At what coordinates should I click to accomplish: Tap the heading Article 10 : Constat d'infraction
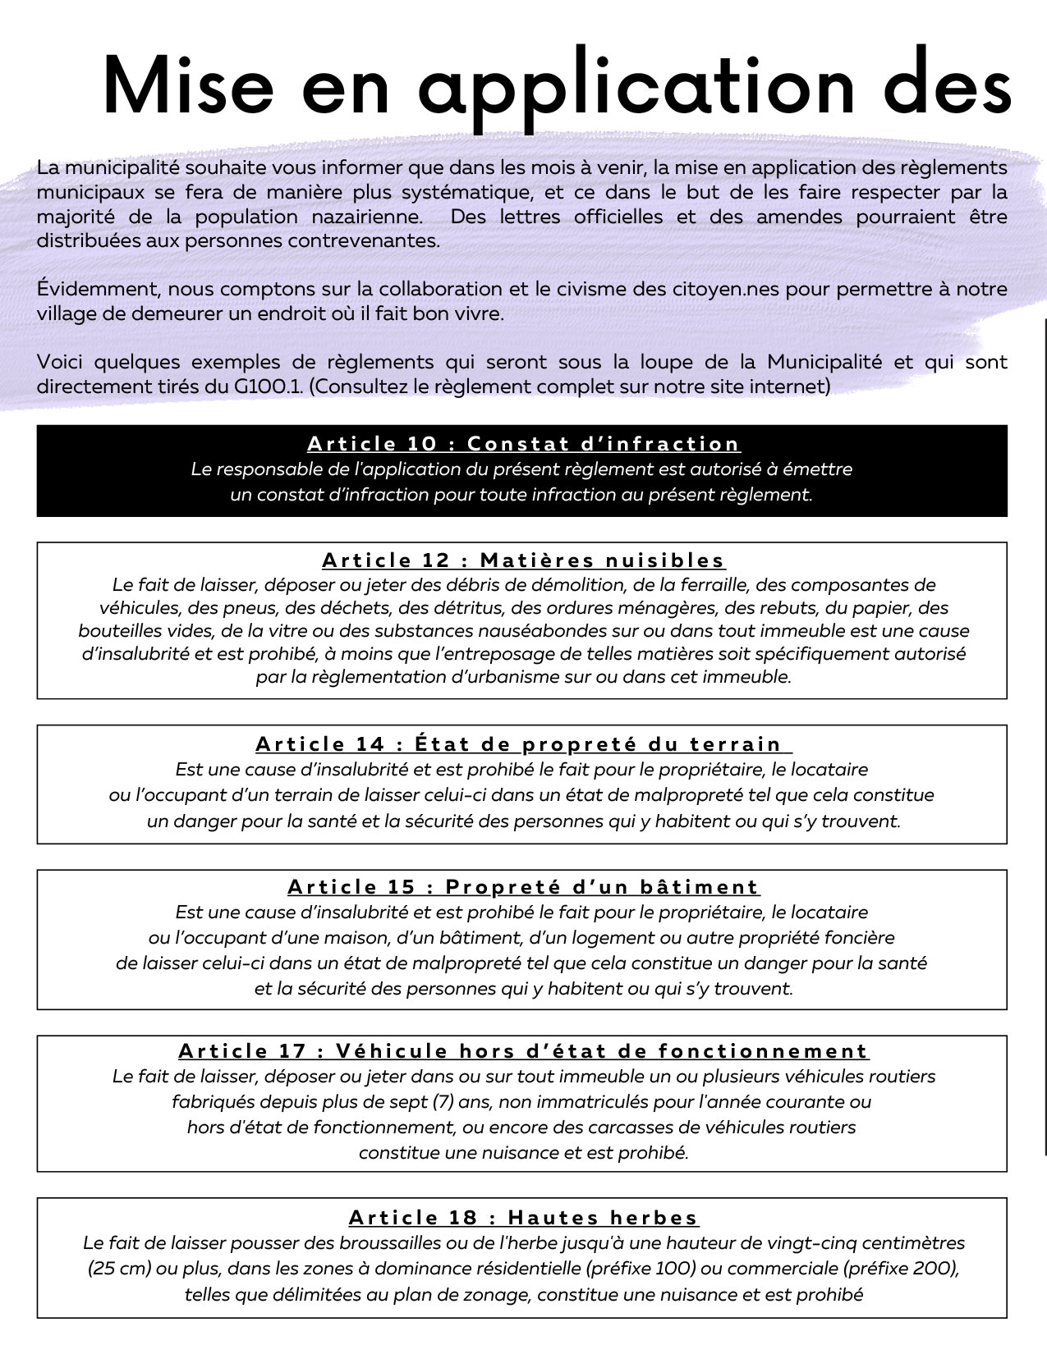(524, 444)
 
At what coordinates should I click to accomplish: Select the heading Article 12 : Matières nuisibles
(524, 560)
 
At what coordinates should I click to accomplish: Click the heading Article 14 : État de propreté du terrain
(522, 744)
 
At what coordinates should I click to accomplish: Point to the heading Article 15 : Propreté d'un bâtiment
(524, 887)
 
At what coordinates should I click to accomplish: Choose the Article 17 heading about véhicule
(524, 1051)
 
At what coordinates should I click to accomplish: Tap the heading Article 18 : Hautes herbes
(524, 1218)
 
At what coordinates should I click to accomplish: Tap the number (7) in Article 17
(439, 1101)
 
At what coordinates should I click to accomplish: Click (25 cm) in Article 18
(119, 1269)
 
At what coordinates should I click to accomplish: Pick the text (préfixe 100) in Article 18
(641, 1269)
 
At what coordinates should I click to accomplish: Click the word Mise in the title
(187, 87)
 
